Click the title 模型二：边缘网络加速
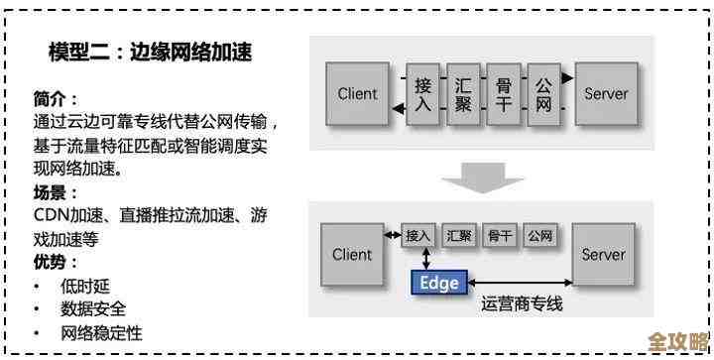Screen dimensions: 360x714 click(150, 53)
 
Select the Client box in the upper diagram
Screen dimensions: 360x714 click(357, 94)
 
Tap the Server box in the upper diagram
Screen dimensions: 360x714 click(606, 94)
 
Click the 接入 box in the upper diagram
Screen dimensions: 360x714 click(422, 95)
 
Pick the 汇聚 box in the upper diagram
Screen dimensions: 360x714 click(462, 95)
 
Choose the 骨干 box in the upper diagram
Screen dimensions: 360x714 click(503, 95)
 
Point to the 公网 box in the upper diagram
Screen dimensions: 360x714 click(542, 95)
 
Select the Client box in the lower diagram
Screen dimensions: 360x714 click(352, 254)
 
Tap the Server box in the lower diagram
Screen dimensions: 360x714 click(603, 254)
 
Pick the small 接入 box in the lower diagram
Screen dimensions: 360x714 click(419, 236)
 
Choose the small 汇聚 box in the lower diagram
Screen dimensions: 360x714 click(459, 236)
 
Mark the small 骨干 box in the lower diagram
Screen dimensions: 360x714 click(499, 236)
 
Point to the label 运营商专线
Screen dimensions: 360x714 click(522, 304)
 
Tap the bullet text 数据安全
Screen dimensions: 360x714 click(93, 309)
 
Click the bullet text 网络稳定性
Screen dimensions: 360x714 click(101, 333)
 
